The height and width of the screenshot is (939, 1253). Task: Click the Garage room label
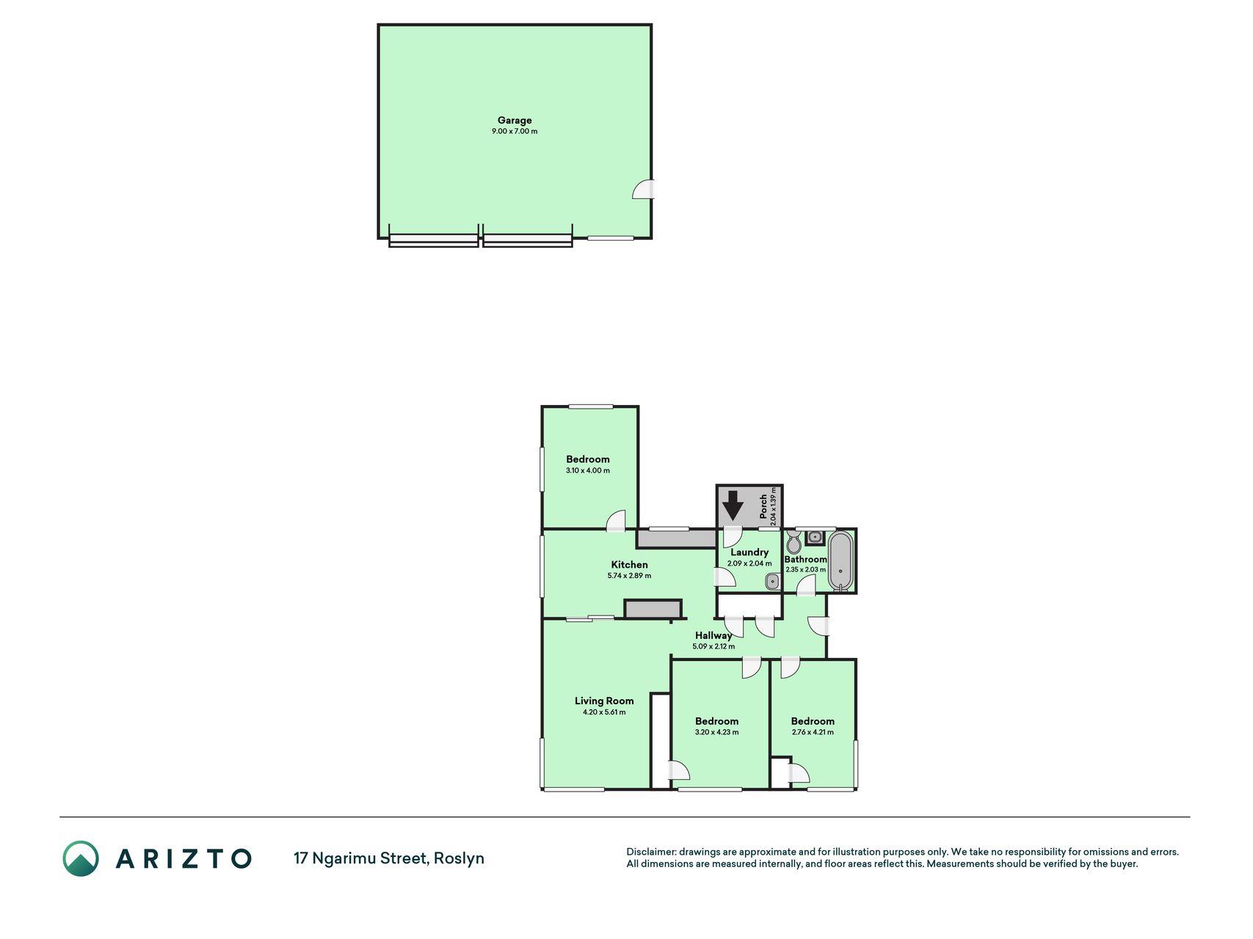515,120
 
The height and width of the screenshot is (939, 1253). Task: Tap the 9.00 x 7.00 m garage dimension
515,131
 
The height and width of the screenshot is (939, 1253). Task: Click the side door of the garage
643,189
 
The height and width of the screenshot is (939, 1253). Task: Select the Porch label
763,506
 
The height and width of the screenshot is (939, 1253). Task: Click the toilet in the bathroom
793,543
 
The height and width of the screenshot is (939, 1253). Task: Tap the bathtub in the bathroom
840,561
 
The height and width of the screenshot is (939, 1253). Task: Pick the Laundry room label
749,552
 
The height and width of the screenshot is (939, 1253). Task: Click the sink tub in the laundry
772,582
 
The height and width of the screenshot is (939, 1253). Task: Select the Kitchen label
630,565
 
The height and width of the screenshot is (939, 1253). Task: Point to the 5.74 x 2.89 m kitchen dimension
630,576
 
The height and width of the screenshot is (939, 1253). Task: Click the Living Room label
604,701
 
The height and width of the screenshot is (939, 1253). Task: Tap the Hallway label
713,635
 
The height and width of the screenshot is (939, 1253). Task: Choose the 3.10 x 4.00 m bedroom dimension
588,470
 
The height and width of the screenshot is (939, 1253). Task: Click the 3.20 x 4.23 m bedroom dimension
717,732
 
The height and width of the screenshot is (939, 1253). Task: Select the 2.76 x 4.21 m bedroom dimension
813,732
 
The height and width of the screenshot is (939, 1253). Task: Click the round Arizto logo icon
81,858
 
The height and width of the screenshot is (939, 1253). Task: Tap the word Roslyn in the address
459,858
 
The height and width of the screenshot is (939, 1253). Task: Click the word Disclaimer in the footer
651,852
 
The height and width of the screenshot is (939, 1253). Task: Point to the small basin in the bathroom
815,538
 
